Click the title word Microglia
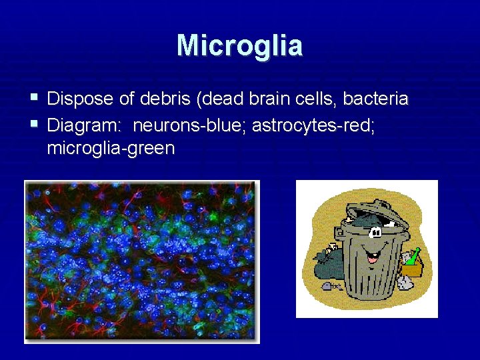pyautogui.click(x=239, y=45)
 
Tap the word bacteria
pyautogui.click(x=375, y=99)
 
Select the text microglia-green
pyautogui.click(x=111, y=148)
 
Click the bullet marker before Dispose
pyautogui.click(x=35, y=99)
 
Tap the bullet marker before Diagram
pyautogui.click(x=35, y=124)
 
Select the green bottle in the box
pyautogui.click(x=413, y=257)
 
